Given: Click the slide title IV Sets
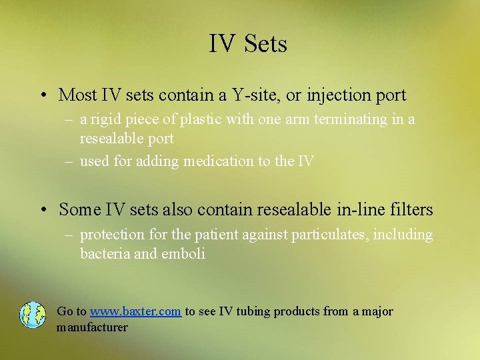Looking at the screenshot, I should [x=248, y=44].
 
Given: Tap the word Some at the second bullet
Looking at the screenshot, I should [x=79, y=210].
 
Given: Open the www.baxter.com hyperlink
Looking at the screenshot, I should [x=135, y=312].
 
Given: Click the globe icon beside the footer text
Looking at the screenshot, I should [x=32, y=315].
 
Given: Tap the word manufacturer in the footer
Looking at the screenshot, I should [x=92, y=327].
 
